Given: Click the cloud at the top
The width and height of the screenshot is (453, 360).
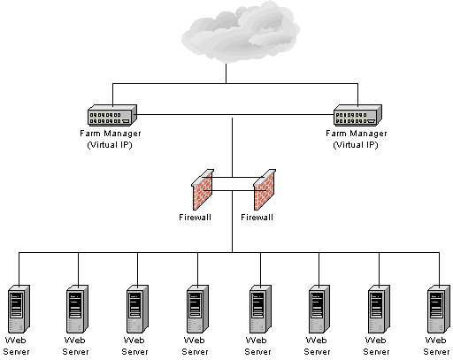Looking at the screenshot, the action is (241, 32).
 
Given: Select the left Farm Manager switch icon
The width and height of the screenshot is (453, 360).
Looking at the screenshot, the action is (112, 115).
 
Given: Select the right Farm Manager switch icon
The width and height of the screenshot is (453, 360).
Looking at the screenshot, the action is (357, 115).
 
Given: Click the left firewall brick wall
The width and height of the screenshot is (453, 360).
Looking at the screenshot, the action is (203, 189).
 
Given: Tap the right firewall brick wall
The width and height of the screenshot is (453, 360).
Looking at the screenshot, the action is (265, 189).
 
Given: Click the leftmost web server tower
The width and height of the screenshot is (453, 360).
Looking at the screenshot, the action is (19, 309).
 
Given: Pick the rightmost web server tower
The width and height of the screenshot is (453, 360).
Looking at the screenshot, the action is (439, 309).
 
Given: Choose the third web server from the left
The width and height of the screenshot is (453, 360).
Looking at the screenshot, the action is (137, 309).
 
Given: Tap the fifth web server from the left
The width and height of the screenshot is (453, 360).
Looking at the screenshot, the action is (260, 309).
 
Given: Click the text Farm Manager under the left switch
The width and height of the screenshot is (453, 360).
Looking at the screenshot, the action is (111, 134).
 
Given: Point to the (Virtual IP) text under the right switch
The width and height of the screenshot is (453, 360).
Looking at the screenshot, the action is (356, 145).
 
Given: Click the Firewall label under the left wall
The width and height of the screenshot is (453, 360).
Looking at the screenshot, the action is (195, 218).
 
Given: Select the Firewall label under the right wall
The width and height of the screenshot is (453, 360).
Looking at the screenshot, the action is (257, 218).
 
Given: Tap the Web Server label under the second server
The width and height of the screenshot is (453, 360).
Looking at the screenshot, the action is (75, 346).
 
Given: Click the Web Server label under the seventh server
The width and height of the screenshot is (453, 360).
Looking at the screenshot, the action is (376, 346).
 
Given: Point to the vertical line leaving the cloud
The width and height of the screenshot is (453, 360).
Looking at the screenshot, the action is (226, 73).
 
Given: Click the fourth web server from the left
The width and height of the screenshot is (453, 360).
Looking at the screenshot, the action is (197, 309).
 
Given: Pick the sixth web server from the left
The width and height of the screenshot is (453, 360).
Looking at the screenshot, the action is (319, 309).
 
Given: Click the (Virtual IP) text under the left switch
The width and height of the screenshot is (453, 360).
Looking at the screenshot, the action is (110, 145).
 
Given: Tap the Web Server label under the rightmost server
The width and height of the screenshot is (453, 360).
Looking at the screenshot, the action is (436, 346).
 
